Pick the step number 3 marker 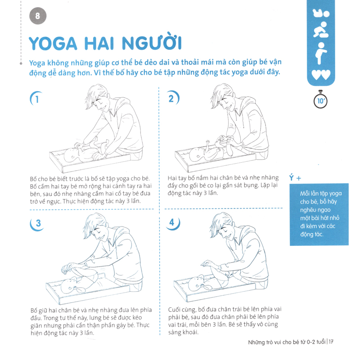[x=37, y=223]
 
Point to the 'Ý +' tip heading [x=295, y=178]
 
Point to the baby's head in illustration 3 [x=68, y=286]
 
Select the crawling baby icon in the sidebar [x=321, y=31]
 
